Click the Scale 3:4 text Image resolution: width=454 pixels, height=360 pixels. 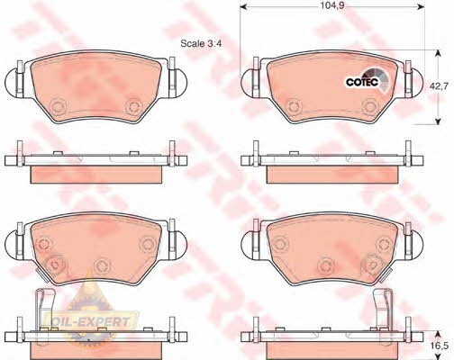tap(201, 43)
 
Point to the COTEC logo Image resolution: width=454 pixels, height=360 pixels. tap(368, 79)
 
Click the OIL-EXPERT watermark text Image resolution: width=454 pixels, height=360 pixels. tap(91, 322)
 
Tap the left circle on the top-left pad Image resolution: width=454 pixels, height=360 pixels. tap(59, 106)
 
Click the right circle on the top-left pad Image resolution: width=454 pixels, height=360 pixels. tap(134, 106)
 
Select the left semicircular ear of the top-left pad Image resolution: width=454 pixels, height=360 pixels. tap(11, 83)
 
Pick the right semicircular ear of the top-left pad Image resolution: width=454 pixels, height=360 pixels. tap(181, 83)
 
